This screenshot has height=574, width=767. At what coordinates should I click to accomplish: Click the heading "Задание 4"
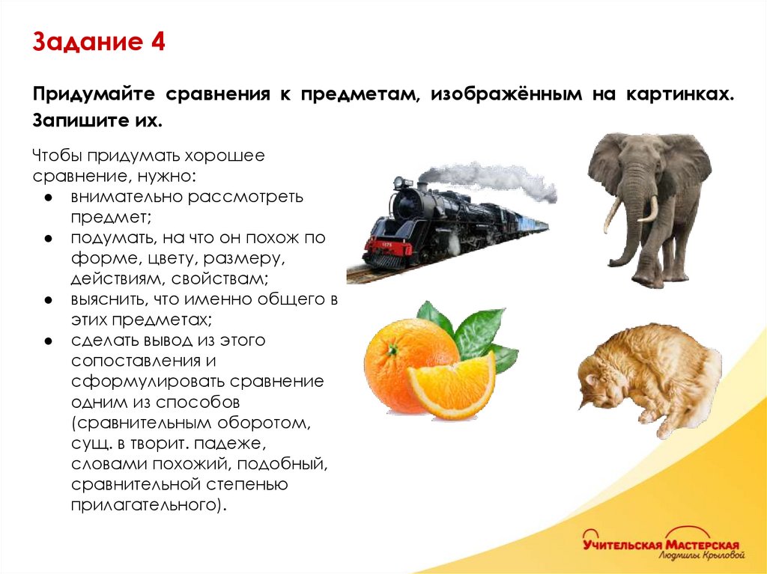tap(98, 42)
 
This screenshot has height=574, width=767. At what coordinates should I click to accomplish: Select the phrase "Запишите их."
tap(97, 120)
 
